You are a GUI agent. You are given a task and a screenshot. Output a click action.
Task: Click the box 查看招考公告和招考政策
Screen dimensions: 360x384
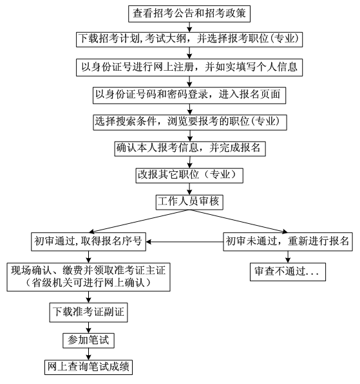coord(189,14)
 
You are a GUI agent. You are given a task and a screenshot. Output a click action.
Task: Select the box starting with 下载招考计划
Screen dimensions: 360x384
coord(189,39)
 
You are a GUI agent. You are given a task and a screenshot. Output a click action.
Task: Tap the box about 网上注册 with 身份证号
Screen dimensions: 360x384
coord(189,68)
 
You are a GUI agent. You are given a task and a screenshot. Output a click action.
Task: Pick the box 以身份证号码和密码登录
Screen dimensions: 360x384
coord(189,95)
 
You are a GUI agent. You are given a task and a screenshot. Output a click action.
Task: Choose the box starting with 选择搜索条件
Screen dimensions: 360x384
coord(190,122)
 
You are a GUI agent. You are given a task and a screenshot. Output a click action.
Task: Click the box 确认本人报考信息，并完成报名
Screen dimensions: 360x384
coord(190,149)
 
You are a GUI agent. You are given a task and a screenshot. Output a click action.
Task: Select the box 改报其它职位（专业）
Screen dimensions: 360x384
coord(189,176)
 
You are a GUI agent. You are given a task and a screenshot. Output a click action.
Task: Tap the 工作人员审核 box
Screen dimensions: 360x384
coord(189,202)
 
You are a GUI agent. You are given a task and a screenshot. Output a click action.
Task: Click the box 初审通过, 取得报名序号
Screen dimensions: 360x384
coord(88,242)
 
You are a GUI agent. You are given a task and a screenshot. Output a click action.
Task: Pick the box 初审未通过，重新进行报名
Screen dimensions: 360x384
coord(288,242)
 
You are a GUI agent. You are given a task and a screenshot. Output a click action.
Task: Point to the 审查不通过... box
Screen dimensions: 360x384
coord(288,272)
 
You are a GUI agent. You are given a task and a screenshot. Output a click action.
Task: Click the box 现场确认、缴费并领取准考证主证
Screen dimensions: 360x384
coord(88,277)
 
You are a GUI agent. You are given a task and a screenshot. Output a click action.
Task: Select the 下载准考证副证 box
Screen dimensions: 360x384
coord(88,312)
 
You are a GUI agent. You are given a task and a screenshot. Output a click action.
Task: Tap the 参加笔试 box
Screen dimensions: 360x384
coord(88,340)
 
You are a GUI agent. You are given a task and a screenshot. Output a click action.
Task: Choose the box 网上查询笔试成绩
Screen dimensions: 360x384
coord(88,367)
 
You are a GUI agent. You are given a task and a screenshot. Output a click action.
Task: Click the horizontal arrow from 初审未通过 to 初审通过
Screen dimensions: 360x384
coord(185,242)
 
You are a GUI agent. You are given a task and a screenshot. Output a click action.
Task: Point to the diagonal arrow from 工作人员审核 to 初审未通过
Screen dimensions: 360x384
coord(238,221)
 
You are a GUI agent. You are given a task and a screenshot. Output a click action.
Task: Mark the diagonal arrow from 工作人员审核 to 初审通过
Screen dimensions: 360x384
coord(139,221)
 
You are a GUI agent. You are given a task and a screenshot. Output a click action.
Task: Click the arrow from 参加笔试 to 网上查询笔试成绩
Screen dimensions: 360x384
coord(88,354)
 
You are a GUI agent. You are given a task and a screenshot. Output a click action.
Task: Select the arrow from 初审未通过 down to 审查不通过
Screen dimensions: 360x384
coord(288,257)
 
